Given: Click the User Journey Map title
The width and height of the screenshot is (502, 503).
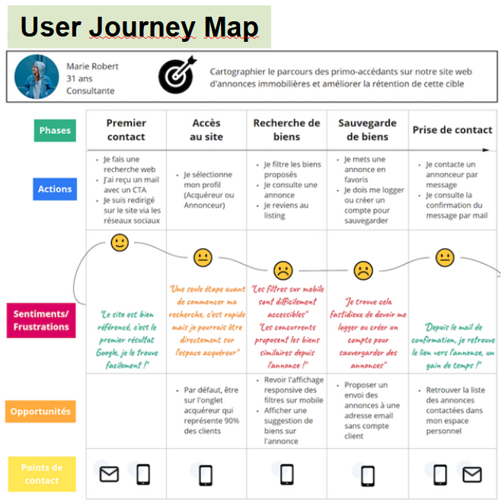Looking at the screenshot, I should click(139, 27).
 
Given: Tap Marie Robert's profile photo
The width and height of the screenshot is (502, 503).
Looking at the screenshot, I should click(37, 77).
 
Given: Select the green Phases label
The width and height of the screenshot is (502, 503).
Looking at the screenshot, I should click(55, 130).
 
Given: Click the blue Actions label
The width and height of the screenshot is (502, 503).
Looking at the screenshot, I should click(55, 189).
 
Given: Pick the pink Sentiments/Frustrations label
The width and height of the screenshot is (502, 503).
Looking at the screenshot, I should click(41, 320).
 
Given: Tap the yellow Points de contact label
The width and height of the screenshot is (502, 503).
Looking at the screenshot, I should click(42, 473).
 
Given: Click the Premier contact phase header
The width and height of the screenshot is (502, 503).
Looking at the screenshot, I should click(126, 130).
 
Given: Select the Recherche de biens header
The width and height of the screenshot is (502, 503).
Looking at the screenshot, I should click(286, 130).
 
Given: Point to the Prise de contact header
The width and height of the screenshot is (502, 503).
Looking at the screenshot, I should click(452, 130).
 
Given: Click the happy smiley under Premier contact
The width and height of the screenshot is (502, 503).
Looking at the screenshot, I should click(120, 243).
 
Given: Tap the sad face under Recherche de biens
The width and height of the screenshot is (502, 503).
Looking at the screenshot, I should click(283, 269).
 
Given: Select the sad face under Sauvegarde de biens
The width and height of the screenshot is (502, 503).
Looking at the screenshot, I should click(363, 269).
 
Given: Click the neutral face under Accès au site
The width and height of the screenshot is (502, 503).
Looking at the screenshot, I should click(202, 257).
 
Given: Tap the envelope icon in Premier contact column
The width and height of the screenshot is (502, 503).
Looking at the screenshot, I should click(110, 475).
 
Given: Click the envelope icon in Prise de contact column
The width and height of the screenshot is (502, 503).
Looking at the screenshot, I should click(472, 475).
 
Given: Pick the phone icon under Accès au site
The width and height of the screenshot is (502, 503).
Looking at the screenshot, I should click(205, 475).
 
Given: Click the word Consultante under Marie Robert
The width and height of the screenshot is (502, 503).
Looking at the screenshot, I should click(90, 91).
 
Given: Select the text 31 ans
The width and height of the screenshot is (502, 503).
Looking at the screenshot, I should click(79, 78).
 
